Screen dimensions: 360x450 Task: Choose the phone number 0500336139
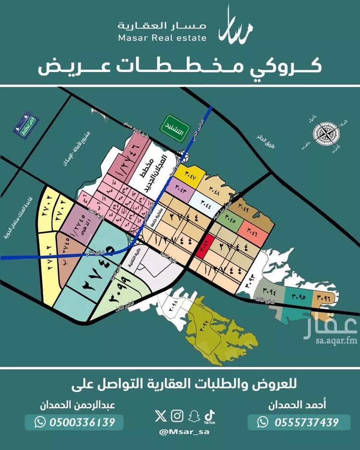click(74, 422)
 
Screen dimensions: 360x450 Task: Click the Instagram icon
click(177, 415)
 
